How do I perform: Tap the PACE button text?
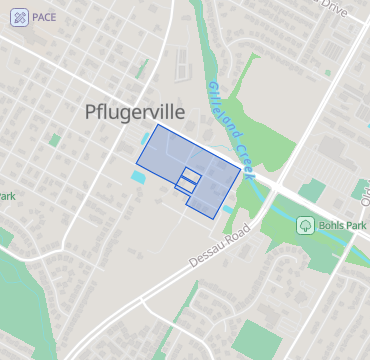pyautogui.click(x=43, y=18)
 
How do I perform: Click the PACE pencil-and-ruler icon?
pyautogui.click(x=19, y=18)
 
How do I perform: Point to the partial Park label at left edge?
pyautogui.click(x=8, y=196)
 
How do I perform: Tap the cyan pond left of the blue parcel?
pyautogui.click(x=138, y=177)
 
